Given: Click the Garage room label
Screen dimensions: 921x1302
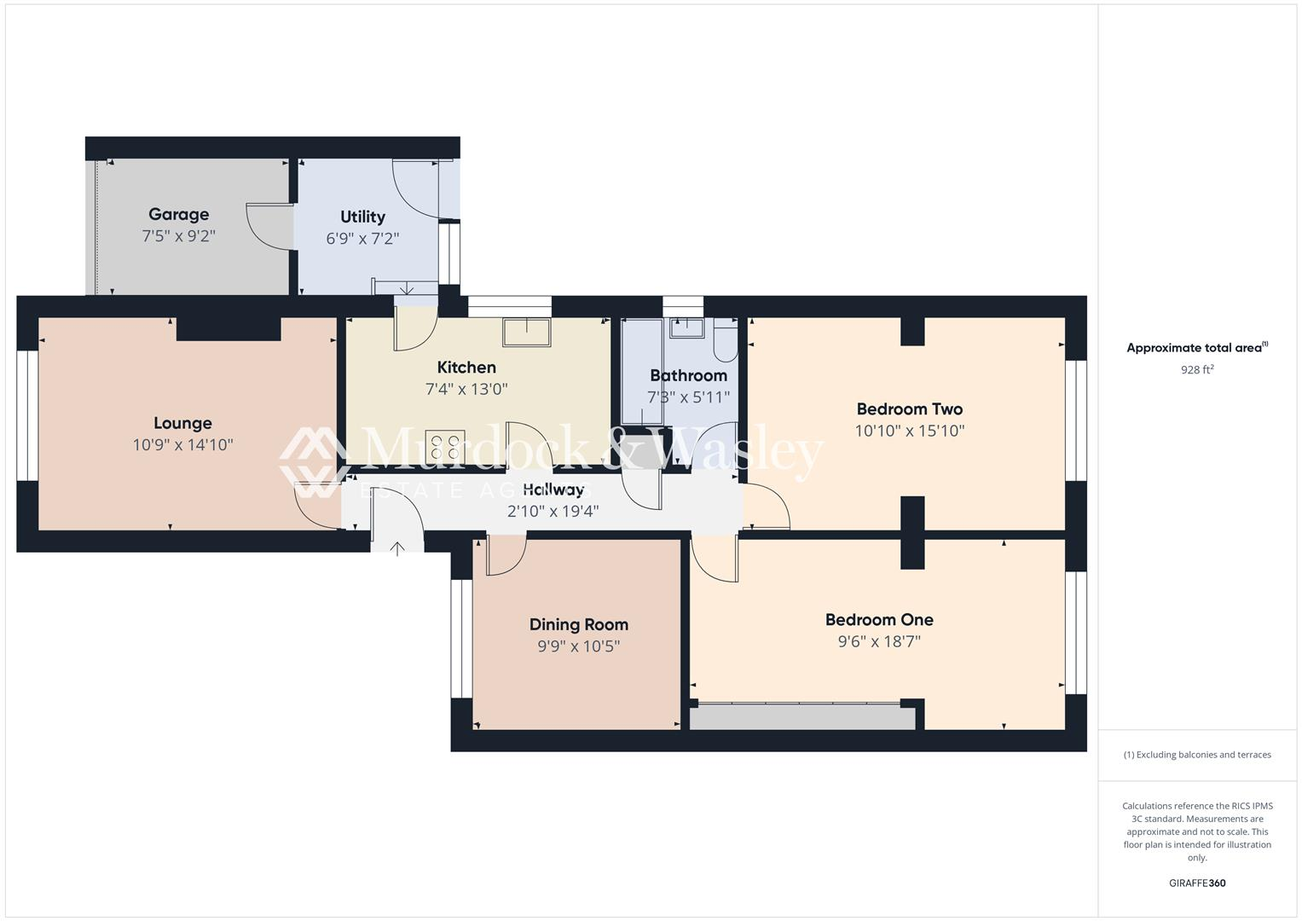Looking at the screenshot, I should pyautogui.click(x=178, y=214).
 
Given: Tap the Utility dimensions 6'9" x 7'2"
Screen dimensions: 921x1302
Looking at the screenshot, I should pyautogui.click(x=362, y=239).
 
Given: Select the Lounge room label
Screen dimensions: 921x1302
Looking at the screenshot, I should pyautogui.click(x=182, y=423).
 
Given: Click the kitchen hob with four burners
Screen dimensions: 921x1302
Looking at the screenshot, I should pyautogui.click(x=445, y=448).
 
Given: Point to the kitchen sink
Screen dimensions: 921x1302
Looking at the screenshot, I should pyautogui.click(x=526, y=332).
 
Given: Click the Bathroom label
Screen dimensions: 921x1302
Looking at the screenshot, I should pyautogui.click(x=688, y=375).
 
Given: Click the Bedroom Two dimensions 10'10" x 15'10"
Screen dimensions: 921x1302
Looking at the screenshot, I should pyautogui.click(x=909, y=431).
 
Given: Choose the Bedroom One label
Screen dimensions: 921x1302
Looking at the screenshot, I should pyautogui.click(x=878, y=620).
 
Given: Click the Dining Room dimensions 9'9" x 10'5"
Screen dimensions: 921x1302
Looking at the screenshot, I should pyautogui.click(x=578, y=646).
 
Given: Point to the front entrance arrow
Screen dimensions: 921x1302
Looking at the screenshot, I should pyautogui.click(x=397, y=548).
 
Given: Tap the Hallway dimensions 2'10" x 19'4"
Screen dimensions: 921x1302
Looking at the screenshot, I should pyautogui.click(x=553, y=512).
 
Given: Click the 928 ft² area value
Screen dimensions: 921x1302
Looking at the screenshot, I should pyautogui.click(x=1196, y=369).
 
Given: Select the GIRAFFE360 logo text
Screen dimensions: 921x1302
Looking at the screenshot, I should pyautogui.click(x=1196, y=883).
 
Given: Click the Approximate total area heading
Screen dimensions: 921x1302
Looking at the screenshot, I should pyautogui.click(x=1196, y=348).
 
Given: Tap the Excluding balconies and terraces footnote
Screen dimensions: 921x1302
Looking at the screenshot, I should pyautogui.click(x=1196, y=755).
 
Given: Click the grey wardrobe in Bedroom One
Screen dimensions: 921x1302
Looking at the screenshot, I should pyautogui.click(x=801, y=717).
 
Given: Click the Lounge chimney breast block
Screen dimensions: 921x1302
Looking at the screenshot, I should pyautogui.click(x=229, y=328).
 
